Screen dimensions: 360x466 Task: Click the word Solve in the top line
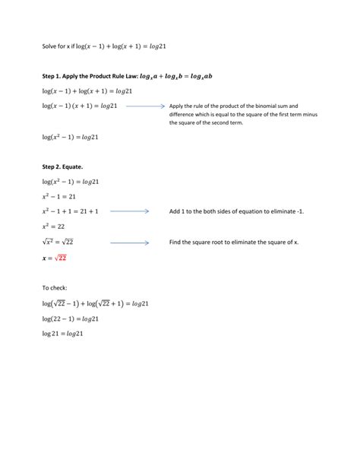50,46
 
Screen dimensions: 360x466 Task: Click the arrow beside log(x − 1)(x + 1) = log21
146,106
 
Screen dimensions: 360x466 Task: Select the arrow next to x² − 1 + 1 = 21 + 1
130,211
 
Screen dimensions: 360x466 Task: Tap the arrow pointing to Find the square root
130,242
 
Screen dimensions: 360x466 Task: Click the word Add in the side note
175,211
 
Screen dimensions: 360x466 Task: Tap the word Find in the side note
176,242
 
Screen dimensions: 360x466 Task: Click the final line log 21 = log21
62,334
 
